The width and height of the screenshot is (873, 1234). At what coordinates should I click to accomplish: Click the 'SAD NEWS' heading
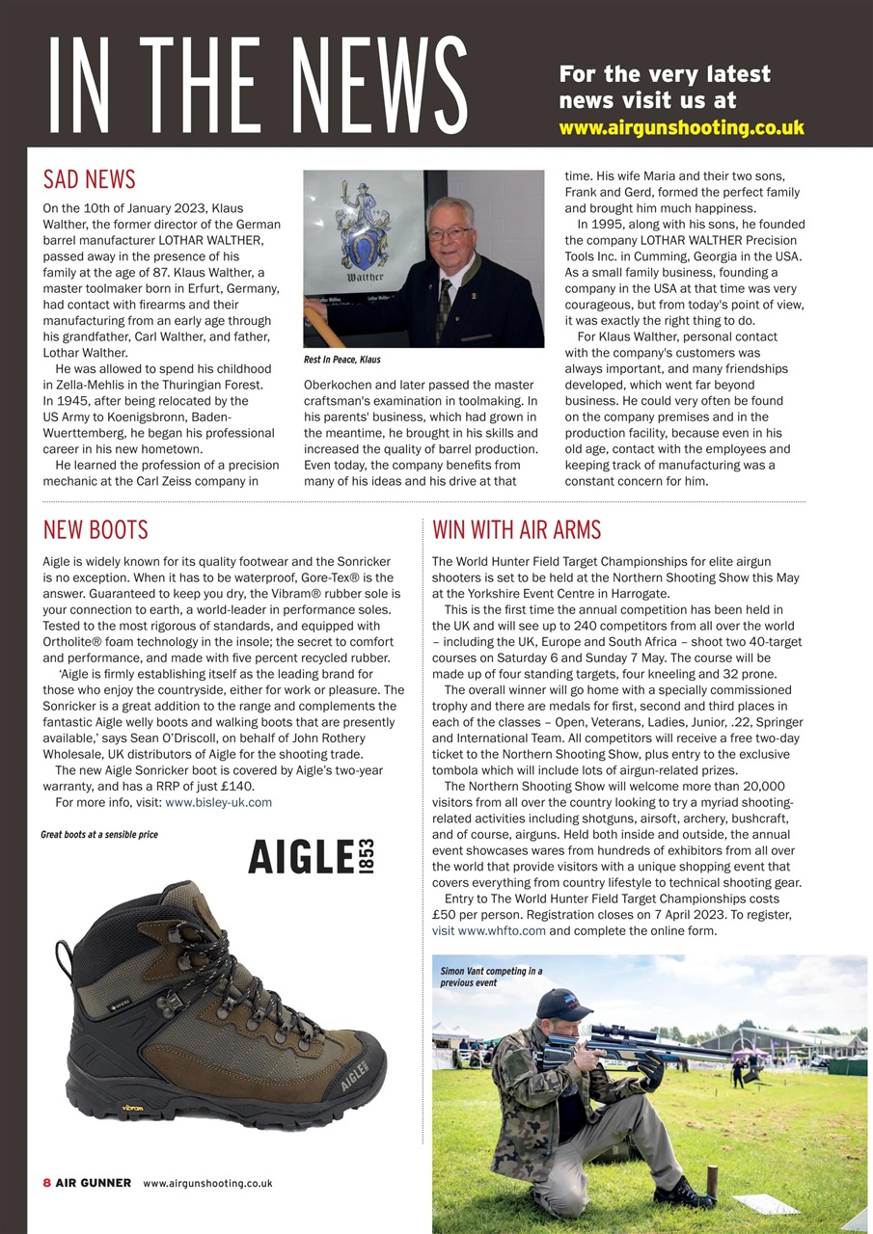click(90, 179)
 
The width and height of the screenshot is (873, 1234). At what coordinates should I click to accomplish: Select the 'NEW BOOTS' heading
click(95, 529)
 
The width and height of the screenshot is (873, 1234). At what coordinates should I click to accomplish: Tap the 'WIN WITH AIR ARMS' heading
click(516, 529)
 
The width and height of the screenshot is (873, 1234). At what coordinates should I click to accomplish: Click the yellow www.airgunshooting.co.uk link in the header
click(681, 127)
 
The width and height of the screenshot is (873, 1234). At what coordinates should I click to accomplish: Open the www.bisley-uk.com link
click(218, 801)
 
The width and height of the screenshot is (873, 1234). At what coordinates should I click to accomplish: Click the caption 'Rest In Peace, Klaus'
click(341, 360)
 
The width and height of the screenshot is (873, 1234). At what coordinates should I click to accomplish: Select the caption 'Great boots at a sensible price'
click(99, 834)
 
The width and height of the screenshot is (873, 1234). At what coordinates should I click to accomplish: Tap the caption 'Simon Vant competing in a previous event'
click(491, 977)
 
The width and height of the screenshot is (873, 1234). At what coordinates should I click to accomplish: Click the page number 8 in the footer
click(46, 1183)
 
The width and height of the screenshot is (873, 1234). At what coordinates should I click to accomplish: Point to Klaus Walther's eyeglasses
click(450, 233)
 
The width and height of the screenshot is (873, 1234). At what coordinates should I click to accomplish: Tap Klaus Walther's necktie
click(444, 308)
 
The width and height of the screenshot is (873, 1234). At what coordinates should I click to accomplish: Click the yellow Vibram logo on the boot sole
click(132, 1108)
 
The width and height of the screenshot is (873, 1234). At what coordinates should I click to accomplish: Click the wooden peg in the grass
click(712, 1181)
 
